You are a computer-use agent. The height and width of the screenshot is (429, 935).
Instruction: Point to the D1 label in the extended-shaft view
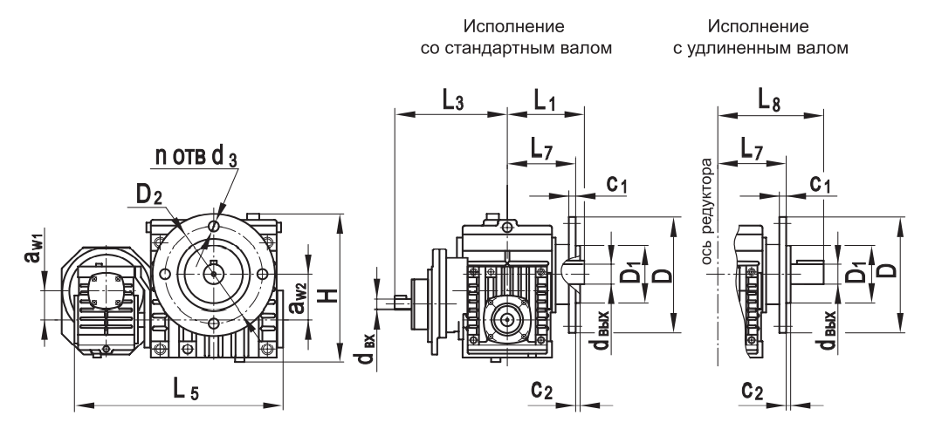pos(859,270)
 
